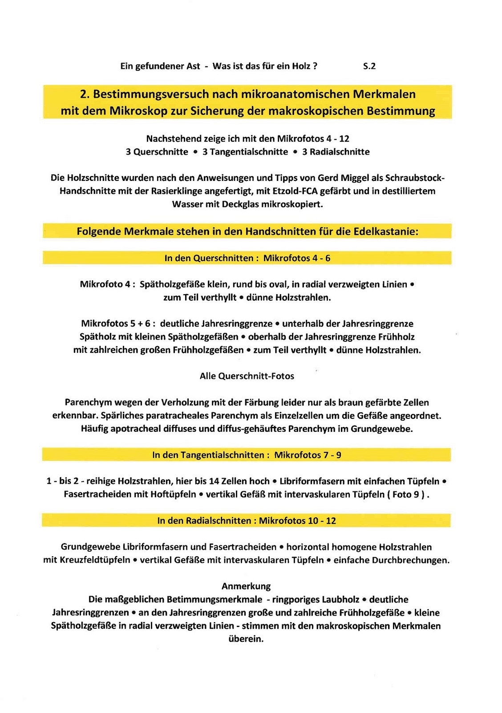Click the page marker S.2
(369, 66)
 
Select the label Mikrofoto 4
(105, 284)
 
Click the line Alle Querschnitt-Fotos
(247, 376)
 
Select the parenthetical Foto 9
(408, 494)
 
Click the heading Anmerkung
(246, 586)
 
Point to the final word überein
(246, 639)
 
